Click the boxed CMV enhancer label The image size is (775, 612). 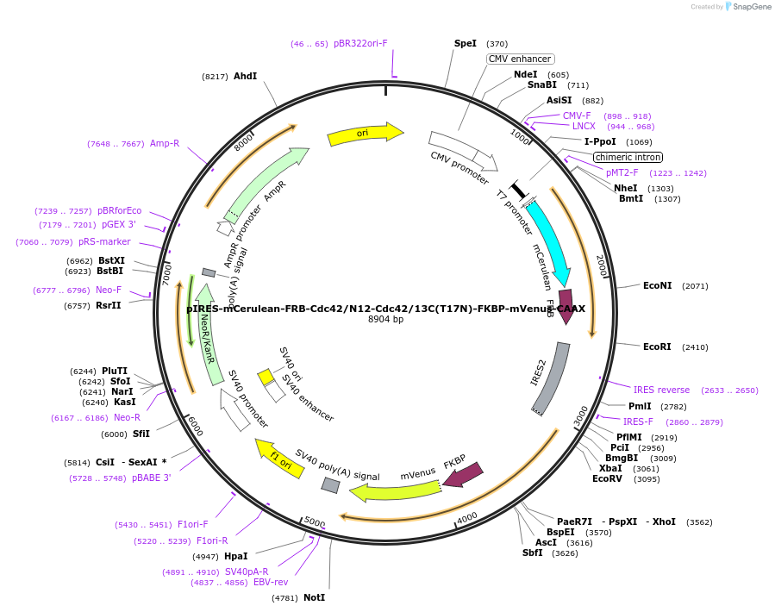point(519,59)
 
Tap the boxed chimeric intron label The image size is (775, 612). point(628,157)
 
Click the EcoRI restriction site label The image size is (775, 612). point(657,347)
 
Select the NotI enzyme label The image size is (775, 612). point(315,597)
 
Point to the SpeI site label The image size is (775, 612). point(465,43)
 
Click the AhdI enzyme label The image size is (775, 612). point(245,76)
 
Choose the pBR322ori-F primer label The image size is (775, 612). point(360,43)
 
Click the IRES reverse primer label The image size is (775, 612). point(661,390)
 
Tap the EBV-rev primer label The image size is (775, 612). point(270,583)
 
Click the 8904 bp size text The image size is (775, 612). point(385,320)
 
